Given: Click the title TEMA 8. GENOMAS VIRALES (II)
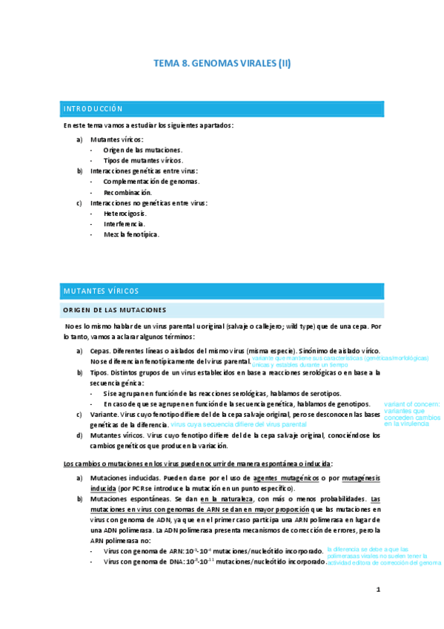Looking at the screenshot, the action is tap(222, 64).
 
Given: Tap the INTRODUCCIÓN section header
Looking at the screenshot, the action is tap(93, 109).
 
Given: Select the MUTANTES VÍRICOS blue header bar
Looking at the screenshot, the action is tap(101, 291).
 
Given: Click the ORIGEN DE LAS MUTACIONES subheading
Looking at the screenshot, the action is tap(115, 309).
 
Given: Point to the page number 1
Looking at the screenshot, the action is tap(378, 590).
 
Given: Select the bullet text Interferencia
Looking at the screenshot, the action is tap(124, 223).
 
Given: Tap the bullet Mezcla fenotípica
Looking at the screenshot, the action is tap(131, 234).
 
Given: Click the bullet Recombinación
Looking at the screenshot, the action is tap(127, 191).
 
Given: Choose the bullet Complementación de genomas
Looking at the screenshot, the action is tap(151, 181).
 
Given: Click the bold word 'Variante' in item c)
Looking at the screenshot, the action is tap(103, 414).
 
